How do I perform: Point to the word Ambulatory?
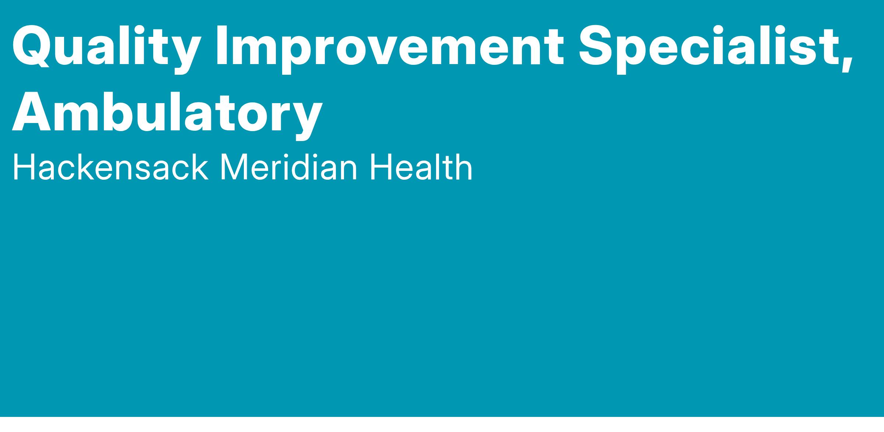(167, 112)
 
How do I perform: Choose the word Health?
(421, 168)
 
